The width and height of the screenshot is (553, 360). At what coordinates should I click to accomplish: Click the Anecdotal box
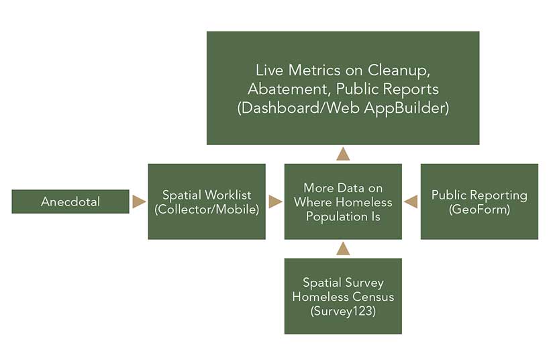[x=70, y=201]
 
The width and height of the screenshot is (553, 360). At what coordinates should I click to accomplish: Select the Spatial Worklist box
[x=207, y=201]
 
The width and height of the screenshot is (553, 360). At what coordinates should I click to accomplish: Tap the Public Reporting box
[x=479, y=201]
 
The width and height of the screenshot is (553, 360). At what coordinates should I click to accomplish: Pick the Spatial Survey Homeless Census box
[x=343, y=296]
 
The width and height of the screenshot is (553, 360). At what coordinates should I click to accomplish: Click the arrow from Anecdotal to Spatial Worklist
[x=139, y=201]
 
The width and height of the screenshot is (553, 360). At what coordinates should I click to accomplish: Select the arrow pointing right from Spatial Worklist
[x=275, y=201]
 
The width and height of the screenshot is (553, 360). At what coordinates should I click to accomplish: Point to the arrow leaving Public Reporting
[x=411, y=201]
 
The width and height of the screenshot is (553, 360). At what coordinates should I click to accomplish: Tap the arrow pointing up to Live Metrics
[x=343, y=154]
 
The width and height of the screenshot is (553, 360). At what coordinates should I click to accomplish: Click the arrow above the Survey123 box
[x=343, y=249]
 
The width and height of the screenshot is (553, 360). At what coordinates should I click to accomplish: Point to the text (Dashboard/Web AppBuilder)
[x=343, y=107]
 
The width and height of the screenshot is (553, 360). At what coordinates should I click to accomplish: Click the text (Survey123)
[x=343, y=310]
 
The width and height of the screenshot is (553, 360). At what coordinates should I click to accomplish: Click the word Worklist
[x=228, y=195]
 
